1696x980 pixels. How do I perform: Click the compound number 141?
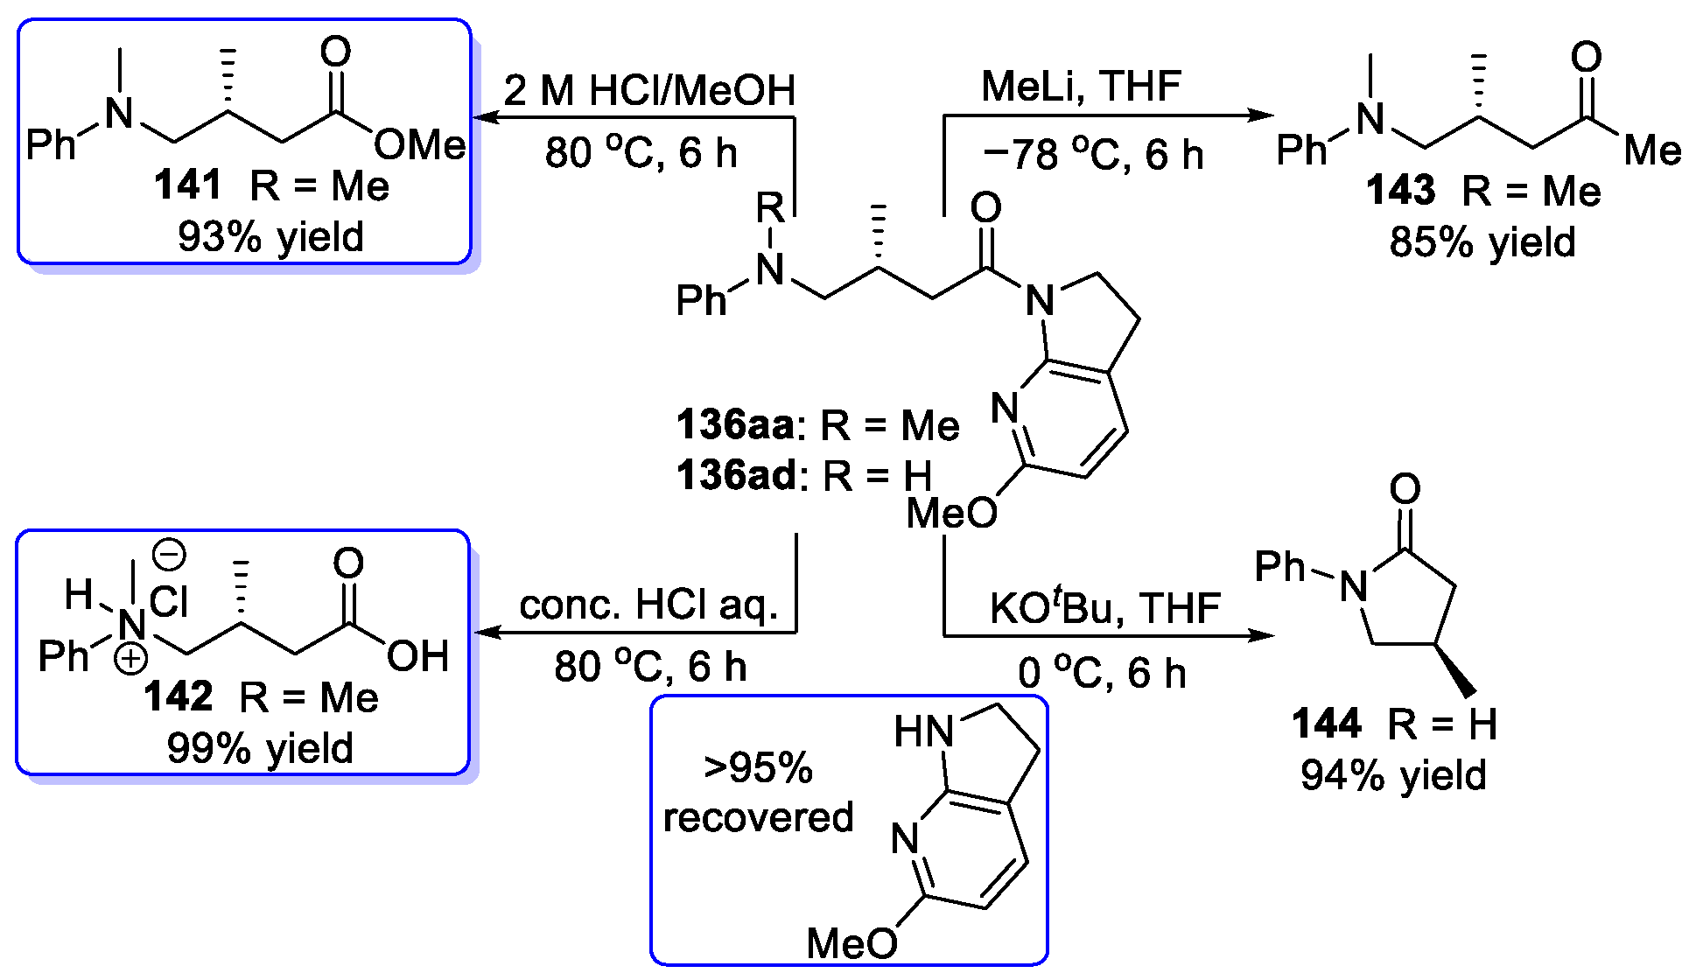187,185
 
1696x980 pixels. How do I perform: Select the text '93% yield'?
270,237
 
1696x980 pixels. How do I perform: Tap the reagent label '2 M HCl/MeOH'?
648,90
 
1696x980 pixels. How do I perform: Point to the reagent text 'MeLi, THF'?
1081,87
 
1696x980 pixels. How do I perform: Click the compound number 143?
1400,191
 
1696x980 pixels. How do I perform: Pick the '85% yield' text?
1482,242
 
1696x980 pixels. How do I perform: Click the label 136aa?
735,425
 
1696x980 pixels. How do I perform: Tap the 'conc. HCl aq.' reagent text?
648,605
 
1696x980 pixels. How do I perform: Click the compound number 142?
178,697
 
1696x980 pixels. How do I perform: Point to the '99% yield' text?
260,749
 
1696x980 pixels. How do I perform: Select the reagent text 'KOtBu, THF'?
1104,608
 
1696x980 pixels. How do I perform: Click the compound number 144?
1327,724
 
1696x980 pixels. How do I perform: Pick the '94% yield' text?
1393,776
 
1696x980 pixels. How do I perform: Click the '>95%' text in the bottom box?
758,768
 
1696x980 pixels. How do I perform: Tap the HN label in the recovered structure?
923,731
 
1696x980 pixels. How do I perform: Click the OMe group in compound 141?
420,144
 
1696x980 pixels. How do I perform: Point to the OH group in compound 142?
417,656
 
